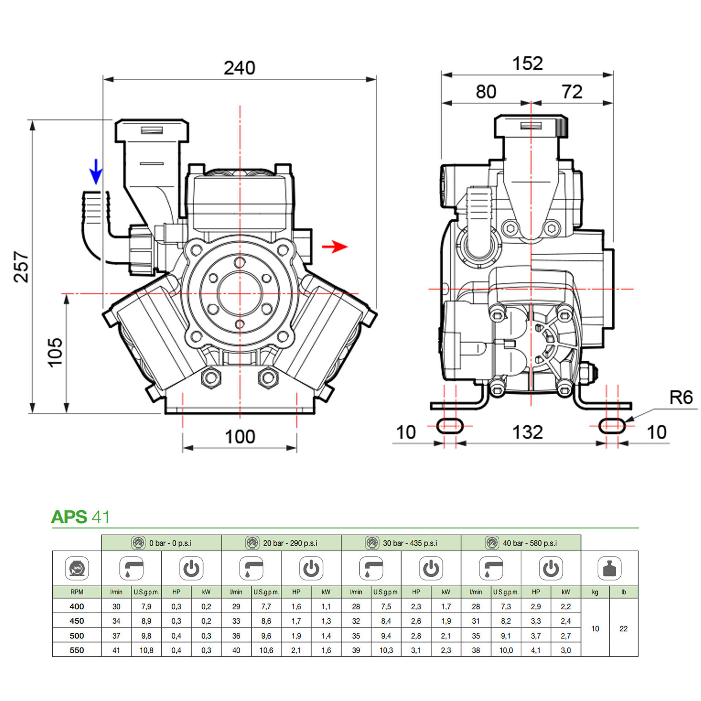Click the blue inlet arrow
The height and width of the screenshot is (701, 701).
click(x=96, y=172)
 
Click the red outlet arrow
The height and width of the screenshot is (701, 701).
click(x=334, y=247)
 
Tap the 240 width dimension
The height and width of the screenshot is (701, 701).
click(x=240, y=68)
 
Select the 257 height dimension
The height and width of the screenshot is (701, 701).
click(x=21, y=267)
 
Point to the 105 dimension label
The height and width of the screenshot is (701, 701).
click(x=55, y=352)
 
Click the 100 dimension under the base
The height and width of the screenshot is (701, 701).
click(x=240, y=437)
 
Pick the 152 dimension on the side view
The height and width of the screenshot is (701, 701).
click(x=528, y=64)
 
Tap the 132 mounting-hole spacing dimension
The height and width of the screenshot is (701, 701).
click(x=528, y=432)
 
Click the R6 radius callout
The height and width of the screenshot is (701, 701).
click(x=681, y=398)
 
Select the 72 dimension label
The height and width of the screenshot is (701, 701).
click(x=572, y=92)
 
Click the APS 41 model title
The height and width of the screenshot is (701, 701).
click(x=80, y=517)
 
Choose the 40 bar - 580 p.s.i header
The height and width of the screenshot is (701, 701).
click(x=521, y=543)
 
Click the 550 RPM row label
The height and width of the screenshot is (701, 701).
click(x=77, y=650)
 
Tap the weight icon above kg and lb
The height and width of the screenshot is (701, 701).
click(x=609, y=568)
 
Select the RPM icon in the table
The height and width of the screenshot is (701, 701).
click(x=77, y=568)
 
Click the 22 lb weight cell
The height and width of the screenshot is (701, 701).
click(x=624, y=629)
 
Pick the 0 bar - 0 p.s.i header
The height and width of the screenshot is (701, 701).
click(x=162, y=543)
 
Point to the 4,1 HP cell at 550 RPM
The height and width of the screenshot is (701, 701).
click(x=536, y=650)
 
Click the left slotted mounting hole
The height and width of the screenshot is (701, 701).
click(x=450, y=426)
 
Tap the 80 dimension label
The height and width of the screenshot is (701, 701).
click(x=486, y=92)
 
